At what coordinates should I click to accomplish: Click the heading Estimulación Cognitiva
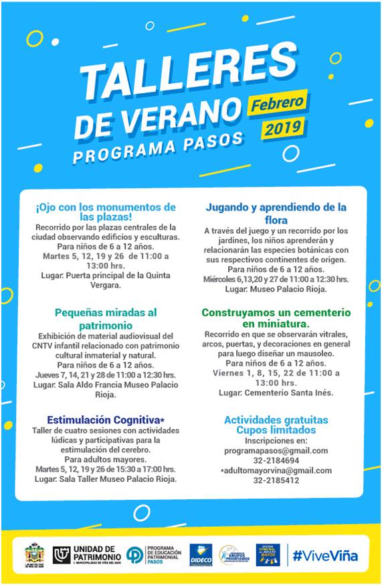[x=98, y=419]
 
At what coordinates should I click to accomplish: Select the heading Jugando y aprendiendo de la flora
[x=276, y=213]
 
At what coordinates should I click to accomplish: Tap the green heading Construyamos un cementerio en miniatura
[x=276, y=318]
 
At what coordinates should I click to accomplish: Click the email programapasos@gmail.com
[x=276, y=450]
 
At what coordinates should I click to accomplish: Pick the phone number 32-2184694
[x=276, y=460]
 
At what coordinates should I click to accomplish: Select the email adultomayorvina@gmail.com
[x=276, y=470]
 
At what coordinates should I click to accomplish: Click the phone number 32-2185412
[x=276, y=480]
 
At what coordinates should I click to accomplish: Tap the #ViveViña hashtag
[x=326, y=556]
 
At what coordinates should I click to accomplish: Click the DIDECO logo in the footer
[x=201, y=555]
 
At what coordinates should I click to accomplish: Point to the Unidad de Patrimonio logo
[x=88, y=554]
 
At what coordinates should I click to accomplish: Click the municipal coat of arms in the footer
[x=35, y=554]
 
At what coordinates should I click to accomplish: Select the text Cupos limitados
[x=276, y=430]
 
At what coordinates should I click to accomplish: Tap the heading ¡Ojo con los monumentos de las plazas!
[x=106, y=212]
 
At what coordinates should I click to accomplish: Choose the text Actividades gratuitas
[x=276, y=419]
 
